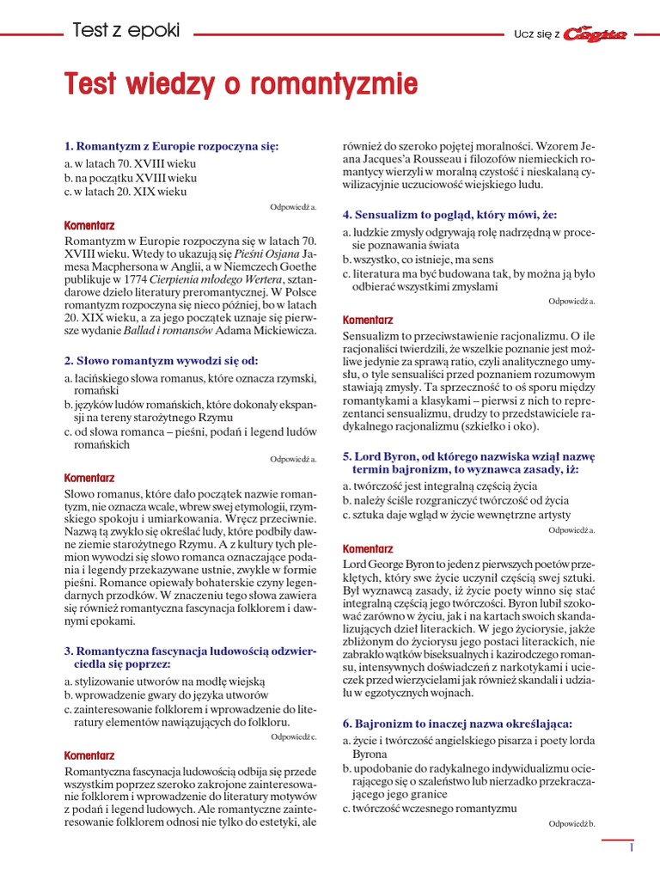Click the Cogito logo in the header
596,34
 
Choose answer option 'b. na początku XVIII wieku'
131,177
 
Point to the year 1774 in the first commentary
137,279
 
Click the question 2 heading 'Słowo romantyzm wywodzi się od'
161,360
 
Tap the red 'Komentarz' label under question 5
368,548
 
